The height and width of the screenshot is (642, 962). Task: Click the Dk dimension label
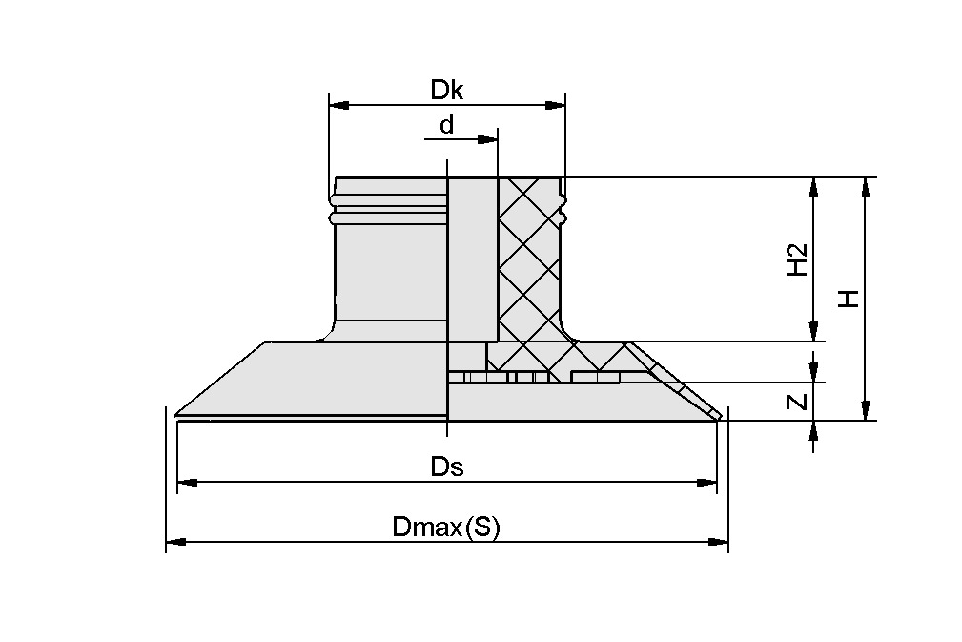[x=446, y=90]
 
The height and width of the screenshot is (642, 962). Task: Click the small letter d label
[x=445, y=125]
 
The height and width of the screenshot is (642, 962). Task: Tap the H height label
[x=848, y=299]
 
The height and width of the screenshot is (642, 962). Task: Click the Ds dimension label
[x=446, y=467]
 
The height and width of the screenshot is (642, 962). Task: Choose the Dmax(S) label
[x=445, y=528]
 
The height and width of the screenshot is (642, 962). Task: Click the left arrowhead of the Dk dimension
[x=337, y=105]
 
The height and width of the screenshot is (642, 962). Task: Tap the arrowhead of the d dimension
[x=489, y=140]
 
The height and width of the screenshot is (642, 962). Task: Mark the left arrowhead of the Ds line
[x=186, y=483]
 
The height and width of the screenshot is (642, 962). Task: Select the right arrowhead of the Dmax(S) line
[x=720, y=542]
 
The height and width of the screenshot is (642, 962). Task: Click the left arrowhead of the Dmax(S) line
[x=174, y=542]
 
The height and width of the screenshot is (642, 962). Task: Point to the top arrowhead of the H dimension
[x=865, y=187]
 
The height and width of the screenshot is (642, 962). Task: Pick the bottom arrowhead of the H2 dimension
[x=812, y=332]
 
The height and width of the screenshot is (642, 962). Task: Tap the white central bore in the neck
[x=472, y=258]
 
